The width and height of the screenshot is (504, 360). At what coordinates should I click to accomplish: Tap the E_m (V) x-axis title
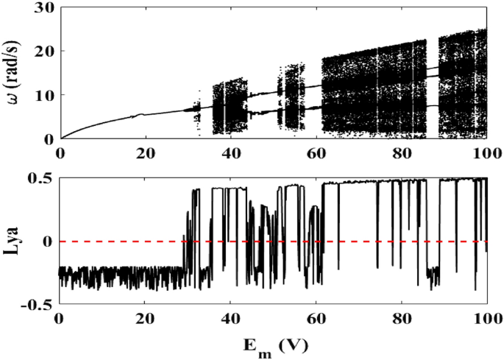[272, 347]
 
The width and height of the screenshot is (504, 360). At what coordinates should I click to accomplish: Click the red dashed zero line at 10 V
[102, 241]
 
